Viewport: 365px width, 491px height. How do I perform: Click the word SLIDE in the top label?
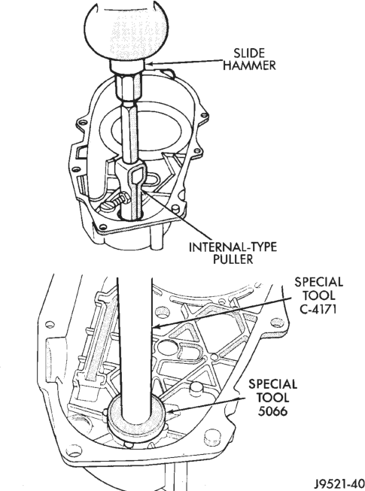point(249,53)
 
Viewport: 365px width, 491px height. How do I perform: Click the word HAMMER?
point(249,65)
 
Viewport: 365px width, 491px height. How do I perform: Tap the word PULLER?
point(233,259)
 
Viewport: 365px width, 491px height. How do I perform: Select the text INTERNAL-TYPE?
point(233,247)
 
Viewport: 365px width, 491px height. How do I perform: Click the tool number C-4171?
point(318,309)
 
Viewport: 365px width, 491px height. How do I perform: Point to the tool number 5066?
point(272,411)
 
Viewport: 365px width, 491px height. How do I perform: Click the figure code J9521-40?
point(339,481)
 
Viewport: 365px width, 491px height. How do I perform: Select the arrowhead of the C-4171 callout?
point(156,326)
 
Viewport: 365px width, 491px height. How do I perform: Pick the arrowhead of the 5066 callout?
point(171,411)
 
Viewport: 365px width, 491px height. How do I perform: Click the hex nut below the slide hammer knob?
point(129,89)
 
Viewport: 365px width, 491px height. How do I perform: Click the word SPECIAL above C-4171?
point(318,282)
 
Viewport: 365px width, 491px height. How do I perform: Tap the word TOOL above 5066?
point(272,398)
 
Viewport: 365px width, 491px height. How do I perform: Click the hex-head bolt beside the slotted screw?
point(121,199)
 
